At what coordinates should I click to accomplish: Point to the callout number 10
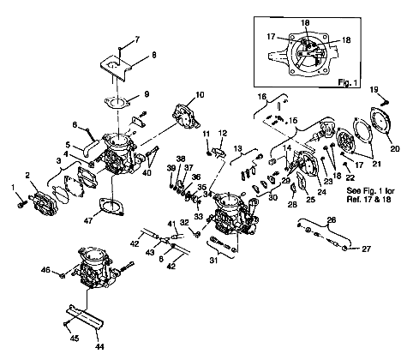coord(200,94)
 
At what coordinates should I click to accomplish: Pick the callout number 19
coord(374,89)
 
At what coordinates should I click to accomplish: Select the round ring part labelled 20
coord(381,129)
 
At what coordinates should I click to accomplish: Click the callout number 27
coord(367,249)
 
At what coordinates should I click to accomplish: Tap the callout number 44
coord(99,349)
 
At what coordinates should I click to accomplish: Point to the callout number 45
coord(74,339)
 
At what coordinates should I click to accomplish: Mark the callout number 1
coord(13,186)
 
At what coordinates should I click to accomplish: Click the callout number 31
coord(212,262)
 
